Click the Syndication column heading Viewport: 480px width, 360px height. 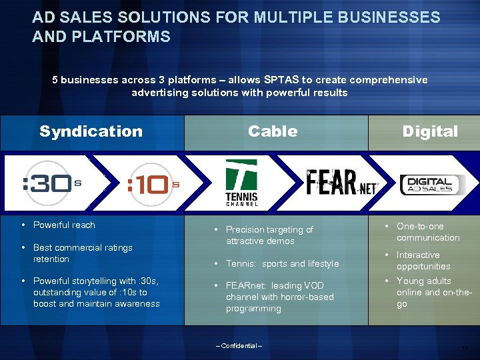click(x=91, y=131)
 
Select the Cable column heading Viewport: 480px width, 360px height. click(x=273, y=131)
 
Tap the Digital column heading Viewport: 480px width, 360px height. click(x=430, y=131)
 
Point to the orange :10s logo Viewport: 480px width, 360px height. click(x=153, y=185)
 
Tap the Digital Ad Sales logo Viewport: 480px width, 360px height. click(x=430, y=184)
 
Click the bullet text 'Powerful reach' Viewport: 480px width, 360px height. click(x=64, y=225)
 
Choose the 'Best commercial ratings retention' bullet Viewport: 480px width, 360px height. click(x=82, y=253)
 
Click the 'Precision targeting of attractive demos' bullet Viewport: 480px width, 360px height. click(x=269, y=235)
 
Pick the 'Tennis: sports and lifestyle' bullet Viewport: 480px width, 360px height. click(x=282, y=264)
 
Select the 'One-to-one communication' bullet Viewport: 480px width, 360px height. click(x=428, y=232)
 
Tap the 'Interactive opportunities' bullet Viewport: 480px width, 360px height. click(x=423, y=261)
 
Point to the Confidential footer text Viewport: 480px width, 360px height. click(x=239, y=346)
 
